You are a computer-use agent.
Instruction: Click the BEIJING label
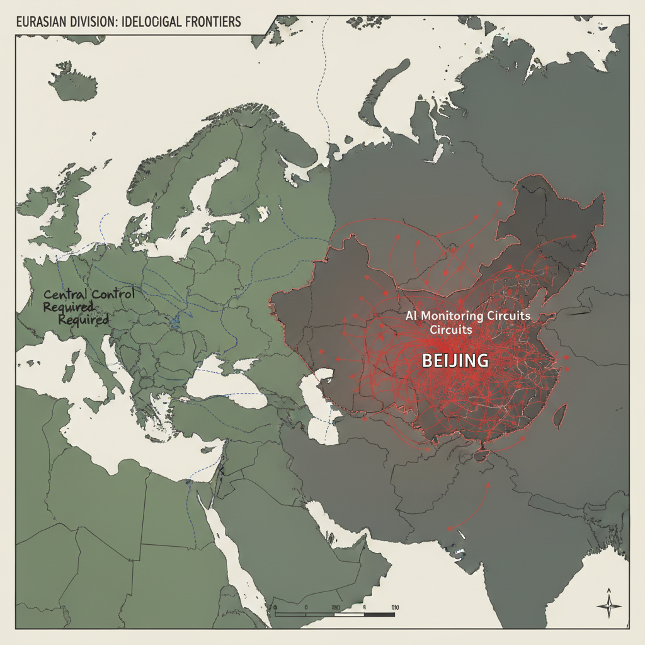point(454,361)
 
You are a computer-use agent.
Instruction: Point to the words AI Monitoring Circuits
point(468,315)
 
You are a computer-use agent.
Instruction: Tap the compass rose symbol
point(608,605)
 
